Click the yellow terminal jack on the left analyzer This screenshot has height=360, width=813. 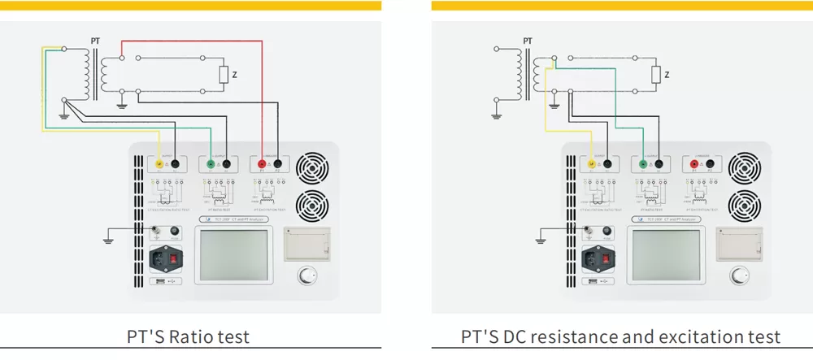[159, 164]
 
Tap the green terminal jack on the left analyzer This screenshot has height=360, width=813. [211, 164]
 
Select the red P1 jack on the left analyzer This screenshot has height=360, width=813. [263, 164]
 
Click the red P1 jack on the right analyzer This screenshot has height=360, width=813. [695, 164]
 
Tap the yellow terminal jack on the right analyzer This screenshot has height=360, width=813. [591, 164]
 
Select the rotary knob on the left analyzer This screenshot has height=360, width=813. [306, 275]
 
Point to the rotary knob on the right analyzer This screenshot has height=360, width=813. [738, 275]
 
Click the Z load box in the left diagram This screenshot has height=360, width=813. [224, 76]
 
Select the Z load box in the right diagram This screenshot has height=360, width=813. [656, 76]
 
